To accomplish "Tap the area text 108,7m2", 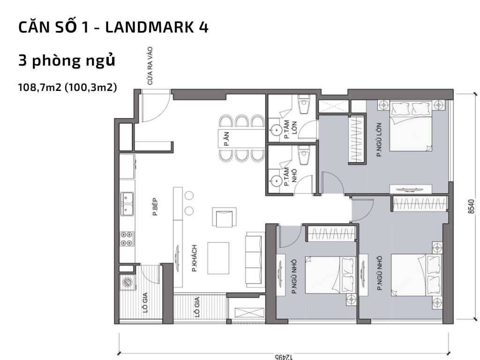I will pyautogui.click(x=41, y=88).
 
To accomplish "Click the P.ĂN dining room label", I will pyautogui.click(x=226, y=139).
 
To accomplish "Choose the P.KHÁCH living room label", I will pyautogui.click(x=194, y=258).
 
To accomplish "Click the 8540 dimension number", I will pyautogui.click(x=472, y=207).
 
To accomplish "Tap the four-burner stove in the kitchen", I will pyautogui.click(x=127, y=240).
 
